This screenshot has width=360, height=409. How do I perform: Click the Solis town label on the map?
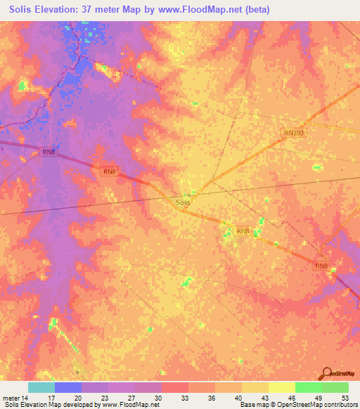click(182, 202)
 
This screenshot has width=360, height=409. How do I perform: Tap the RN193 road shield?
click(294, 132)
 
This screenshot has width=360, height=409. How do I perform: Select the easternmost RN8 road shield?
click(321, 266)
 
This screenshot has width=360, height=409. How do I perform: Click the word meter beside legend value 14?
click(11, 397)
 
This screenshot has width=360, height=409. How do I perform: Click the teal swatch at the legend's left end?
click(41, 387)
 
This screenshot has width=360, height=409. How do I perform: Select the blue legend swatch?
click(67, 387)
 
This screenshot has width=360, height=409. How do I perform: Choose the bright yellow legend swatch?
click(281, 387)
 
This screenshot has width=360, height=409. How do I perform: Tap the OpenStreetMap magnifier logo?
click(328, 374)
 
